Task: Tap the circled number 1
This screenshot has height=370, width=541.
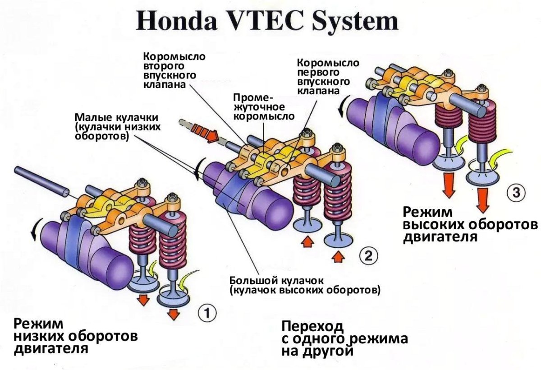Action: pyautogui.click(x=207, y=313)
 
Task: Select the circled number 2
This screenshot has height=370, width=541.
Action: pyautogui.click(x=368, y=256)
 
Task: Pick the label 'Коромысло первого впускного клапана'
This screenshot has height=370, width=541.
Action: pyautogui.click(x=328, y=77)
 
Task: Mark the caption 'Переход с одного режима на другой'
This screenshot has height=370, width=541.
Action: pyautogui.click(x=344, y=338)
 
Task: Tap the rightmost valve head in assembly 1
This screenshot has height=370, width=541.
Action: pyautogui.click(x=174, y=298)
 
